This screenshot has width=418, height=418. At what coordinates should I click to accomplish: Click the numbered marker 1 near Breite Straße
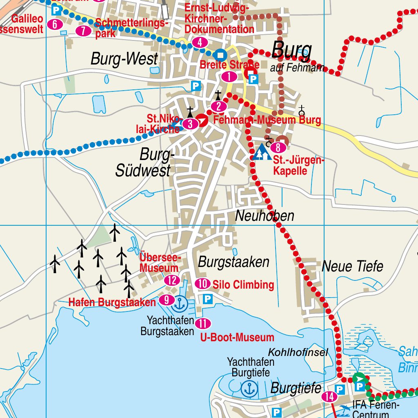(229, 76)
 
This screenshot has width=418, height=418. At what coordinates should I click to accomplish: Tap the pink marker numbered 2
(219, 107)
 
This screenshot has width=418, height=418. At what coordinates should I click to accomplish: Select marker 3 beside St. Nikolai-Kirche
(190, 124)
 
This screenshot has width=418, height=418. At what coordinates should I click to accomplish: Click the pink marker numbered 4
(200, 42)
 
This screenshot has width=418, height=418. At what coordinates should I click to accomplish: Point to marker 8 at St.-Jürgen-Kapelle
(278, 148)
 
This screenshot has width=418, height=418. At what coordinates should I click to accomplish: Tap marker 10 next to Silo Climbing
(203, 284)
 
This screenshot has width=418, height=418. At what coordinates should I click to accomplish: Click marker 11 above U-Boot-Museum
(203, 324)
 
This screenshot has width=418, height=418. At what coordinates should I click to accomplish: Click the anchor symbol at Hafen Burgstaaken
(180, 303)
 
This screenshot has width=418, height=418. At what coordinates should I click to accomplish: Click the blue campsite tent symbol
(262, 152)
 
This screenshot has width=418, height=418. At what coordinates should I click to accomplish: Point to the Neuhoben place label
(265, 216)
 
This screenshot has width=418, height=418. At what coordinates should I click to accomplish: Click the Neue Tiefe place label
(353, 266)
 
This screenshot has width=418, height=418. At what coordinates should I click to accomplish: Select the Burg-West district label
(124, 59)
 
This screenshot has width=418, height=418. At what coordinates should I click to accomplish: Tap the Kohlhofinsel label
(298, 352)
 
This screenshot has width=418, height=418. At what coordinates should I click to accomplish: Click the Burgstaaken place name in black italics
(233, 262)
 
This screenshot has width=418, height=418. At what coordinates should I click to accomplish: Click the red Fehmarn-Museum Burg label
(267, 120)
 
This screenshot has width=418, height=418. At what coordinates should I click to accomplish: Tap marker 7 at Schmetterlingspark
(83, 31)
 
